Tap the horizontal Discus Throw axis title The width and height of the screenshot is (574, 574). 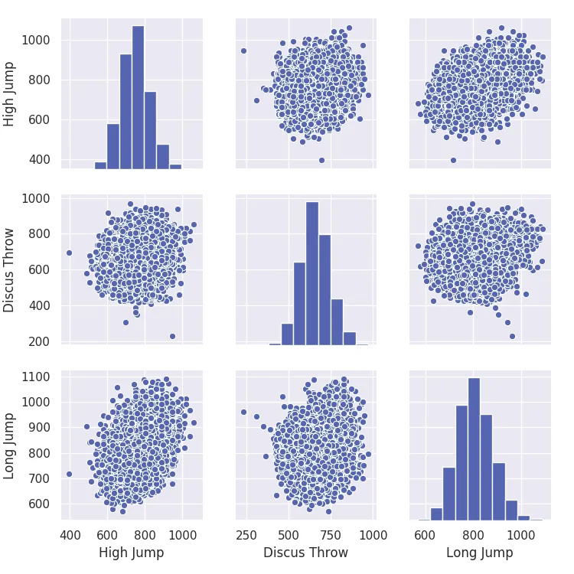click(x=305, y=553)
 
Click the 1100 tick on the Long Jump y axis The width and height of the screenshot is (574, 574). click(x=36, y=377)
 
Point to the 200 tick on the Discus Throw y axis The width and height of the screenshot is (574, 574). click(x=39, y=341)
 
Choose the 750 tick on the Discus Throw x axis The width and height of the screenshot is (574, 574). click(x=331, y=533)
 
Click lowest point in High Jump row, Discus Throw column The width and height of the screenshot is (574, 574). click(x=321, y=160)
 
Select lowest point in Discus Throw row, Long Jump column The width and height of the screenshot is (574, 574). click(x=512, y=336)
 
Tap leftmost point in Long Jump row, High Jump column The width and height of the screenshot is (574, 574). click(x=69, y=474)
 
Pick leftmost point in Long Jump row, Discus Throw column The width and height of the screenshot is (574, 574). click(x=244, y=412)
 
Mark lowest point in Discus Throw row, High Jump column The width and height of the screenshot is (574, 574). click(x=172, y=336)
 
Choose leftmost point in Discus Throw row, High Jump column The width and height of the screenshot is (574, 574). click(x=69, y=253)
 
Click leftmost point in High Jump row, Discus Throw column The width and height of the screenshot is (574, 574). click(x=244, y=51)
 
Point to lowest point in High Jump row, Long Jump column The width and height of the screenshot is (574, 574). click(x=453, y=160)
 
